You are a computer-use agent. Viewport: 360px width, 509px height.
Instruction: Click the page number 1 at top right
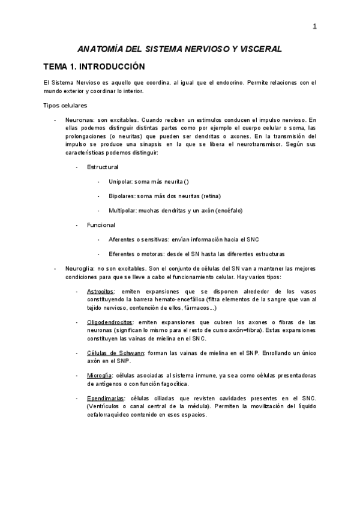pos(314,26)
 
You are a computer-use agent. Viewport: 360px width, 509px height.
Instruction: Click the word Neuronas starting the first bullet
pos(79,120)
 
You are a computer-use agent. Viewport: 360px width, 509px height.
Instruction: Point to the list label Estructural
pos(103,166)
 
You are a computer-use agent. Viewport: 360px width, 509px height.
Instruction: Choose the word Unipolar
pos(121,181)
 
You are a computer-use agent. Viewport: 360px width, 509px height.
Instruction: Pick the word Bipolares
pos(122,196)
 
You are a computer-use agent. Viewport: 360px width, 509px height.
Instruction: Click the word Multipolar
pos(123,211)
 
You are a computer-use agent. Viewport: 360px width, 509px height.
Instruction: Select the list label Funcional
pos(101,225)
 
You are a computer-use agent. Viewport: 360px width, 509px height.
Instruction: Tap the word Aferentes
pos(124,239)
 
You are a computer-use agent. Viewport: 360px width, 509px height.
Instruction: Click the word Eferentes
pos(124,254)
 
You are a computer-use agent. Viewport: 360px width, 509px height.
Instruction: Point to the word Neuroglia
pos(79,269)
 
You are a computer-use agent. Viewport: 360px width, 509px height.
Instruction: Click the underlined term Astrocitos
pos(100,291)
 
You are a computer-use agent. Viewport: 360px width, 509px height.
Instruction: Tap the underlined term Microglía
pos(98,376)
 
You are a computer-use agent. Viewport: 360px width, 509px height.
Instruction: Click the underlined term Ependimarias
pos(106,399)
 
